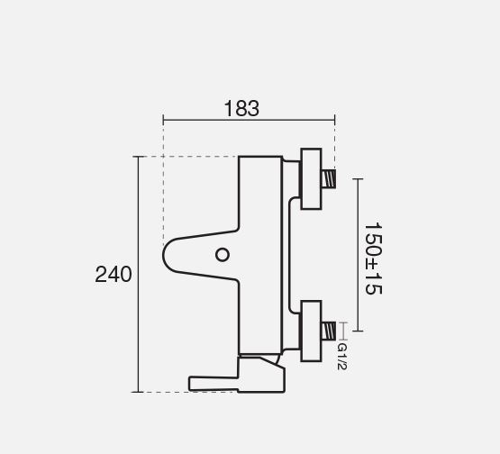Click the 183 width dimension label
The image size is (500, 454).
tap(241, 108)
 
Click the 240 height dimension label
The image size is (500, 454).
tap(114, 274)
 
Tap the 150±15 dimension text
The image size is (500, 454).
tap(373, 259)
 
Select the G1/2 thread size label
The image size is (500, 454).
tap(341, 356)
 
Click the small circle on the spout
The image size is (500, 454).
tap(223, 255)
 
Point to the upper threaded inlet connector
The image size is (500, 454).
tap(329, 178)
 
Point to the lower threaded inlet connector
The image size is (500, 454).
tap(329, 331)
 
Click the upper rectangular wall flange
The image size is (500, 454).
tap(311, 179)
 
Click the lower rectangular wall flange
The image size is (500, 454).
tap(311, 331)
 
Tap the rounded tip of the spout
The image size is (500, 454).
tap(164, 255)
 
